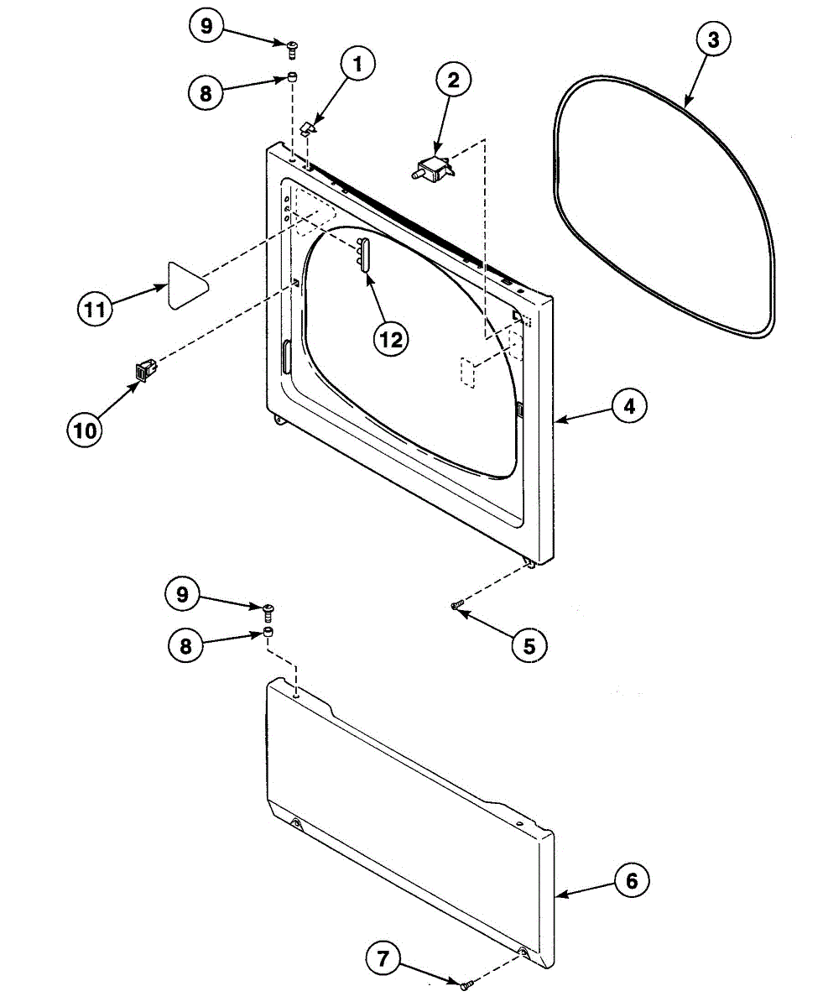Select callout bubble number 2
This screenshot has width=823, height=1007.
point(453,81)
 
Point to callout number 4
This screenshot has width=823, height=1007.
point(628,407)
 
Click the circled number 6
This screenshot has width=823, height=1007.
point(631,880)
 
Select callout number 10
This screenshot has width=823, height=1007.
point(84,430)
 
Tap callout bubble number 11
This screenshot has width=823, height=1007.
point(96,310)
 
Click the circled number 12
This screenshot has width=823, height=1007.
point(391,338)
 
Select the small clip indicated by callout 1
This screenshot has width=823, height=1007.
point(307,128)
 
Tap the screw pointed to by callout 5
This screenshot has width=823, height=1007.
point(456,605)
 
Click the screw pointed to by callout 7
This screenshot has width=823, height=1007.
point(466,982)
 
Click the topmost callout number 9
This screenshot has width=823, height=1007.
point(205,26)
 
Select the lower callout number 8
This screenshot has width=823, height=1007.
point(185,646)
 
